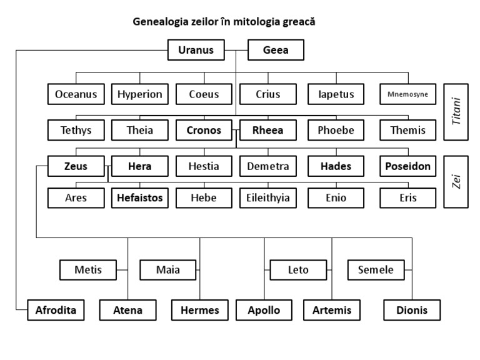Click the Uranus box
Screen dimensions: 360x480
point(196,50)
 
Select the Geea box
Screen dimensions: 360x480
point(276,50)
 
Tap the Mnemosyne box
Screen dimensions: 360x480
point(408,94)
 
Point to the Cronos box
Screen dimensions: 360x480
point(204,130)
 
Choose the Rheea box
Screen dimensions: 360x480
point(267,130)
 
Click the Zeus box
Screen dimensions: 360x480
point(76,166)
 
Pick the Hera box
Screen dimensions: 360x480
point(139,166)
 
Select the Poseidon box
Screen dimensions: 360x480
point(408,166)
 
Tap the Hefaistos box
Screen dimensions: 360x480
point(139,198)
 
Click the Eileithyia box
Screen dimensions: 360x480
point(267,198)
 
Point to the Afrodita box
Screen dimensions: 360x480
point(56,309)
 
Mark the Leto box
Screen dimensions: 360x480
point(297,270)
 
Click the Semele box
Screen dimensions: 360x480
point(376,270)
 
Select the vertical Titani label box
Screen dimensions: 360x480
point(456,112)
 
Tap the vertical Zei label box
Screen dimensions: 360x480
point(456,181)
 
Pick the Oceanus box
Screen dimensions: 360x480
point(76,94)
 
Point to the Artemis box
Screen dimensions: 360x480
point(332,309)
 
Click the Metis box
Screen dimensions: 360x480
point(87,270)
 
